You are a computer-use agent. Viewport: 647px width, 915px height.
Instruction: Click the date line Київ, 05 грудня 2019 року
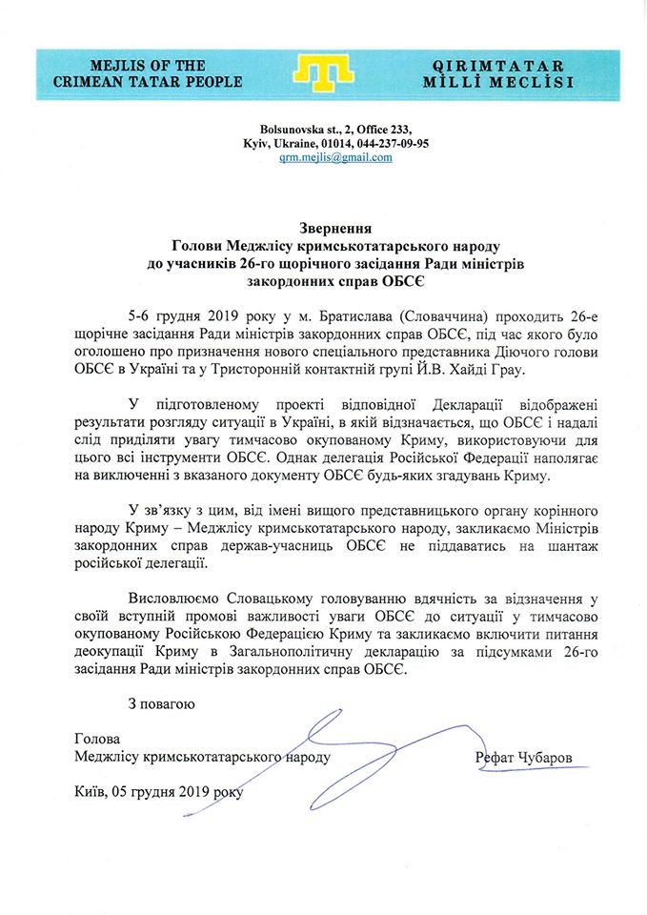click(x=157, y=791)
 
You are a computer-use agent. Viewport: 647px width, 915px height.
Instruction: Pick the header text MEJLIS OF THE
click(x=148, y=66)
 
